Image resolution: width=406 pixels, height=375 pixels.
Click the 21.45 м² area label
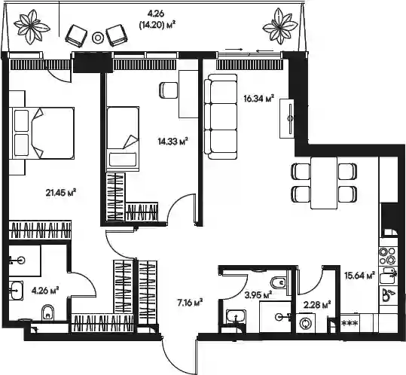pos(60,193)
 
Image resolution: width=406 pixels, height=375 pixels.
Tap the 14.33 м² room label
pos(172,142)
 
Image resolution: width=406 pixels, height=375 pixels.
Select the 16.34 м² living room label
pos(258,99)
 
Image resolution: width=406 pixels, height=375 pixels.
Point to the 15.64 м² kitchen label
pos(360,276)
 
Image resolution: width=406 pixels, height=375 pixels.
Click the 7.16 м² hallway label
pos(190,302)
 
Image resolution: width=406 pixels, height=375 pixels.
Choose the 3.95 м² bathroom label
pos(258,294)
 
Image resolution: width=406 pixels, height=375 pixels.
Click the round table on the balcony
pos(98,38)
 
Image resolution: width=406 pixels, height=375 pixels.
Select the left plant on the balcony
pos(32,26)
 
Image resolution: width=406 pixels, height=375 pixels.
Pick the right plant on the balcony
pos(280,26)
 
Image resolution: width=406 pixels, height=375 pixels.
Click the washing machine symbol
pos(304,323)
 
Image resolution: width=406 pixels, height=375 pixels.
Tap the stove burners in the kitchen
pos(387,255)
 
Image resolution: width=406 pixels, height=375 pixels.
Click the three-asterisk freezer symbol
pos(350,323)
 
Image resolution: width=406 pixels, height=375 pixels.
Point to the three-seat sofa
pos(221,117)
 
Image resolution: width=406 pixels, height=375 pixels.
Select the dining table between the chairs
pos(324,182)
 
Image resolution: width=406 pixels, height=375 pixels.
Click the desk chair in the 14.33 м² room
pos(169,90)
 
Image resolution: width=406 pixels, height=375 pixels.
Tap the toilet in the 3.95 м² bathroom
pos(279,282)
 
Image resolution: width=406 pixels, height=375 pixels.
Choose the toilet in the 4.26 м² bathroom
pos(47,312)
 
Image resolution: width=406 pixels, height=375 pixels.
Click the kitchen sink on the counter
pos(387,276)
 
